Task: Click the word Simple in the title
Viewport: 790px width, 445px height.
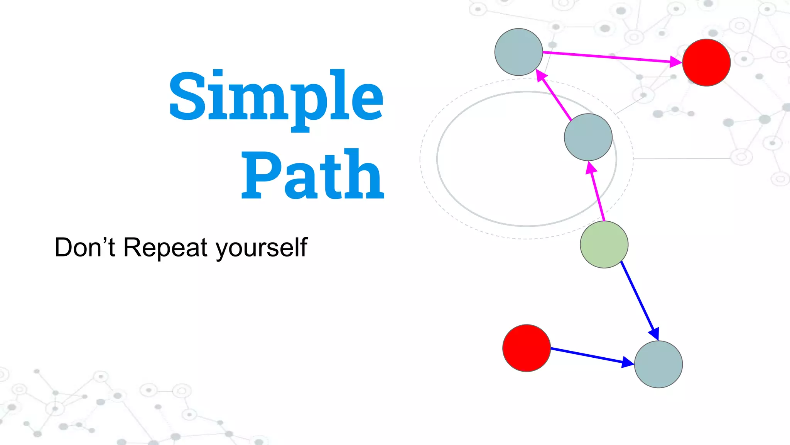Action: click(276, 97)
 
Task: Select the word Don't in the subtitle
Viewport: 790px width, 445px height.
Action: click(84, 247)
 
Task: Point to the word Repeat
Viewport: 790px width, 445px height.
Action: click(165, 247)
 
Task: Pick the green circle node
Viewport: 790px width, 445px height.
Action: click(604, 245)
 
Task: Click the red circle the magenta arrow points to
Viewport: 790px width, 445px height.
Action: click(706, 62)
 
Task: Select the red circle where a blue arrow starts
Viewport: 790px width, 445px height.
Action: click(527, 348)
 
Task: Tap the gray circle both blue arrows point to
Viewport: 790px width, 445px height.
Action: click(658, 364)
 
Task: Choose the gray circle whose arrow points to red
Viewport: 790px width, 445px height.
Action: click(519, 52)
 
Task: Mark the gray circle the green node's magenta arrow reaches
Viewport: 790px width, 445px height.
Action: click(588, 137)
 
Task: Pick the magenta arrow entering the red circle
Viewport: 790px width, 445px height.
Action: click(609, 57)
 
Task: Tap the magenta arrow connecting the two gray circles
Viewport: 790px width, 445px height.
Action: click(555, 97)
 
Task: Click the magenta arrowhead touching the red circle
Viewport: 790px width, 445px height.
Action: click(675, 61)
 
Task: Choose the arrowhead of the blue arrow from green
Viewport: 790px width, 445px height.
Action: click(654, 333)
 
